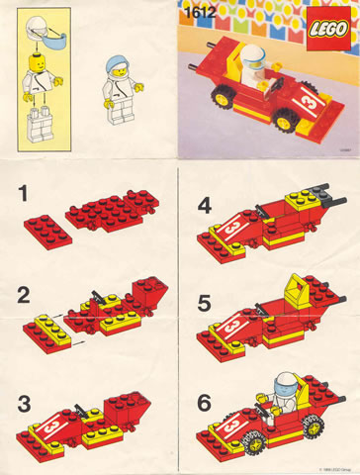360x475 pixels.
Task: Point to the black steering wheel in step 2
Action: point(97,294)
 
